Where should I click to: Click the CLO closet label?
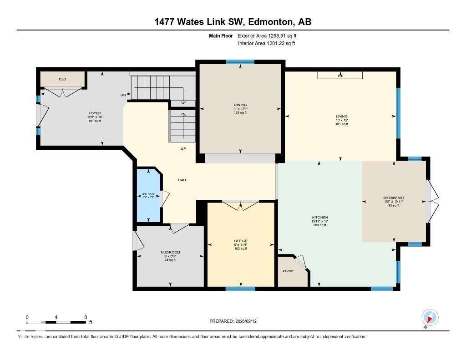[62, 79]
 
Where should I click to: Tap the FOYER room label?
[95, 113]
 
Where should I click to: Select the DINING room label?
[240, 105]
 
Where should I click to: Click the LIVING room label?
[341, 117]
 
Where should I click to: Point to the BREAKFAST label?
[394, 198]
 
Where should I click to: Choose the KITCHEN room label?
[320, 218]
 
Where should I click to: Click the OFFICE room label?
[241, 241]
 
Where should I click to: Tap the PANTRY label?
[288, 271]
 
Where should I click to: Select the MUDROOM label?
[170, 252]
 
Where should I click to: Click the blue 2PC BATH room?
[148, 196]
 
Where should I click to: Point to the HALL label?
[182, 180]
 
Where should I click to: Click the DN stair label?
[123, 95]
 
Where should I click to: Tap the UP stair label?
[182, 149]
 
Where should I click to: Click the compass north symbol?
[430, 318]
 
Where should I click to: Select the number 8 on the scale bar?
[85, 317]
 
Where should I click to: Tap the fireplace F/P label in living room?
[340, 76]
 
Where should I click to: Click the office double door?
[241, 206]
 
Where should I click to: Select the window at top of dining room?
[240, 62]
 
